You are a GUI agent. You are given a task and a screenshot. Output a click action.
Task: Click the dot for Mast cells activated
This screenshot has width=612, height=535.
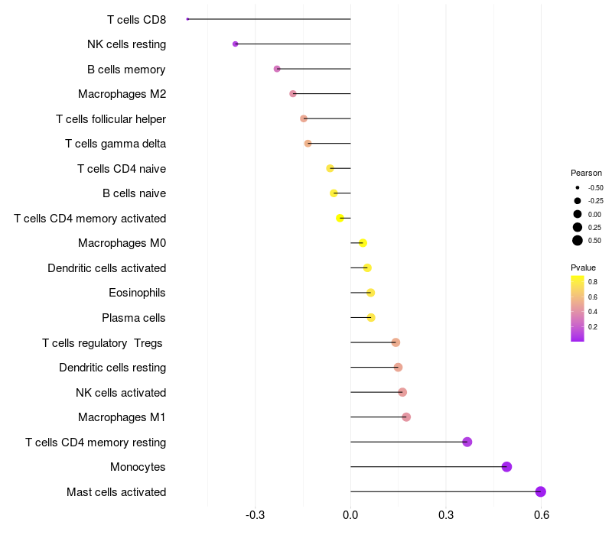[541, 491]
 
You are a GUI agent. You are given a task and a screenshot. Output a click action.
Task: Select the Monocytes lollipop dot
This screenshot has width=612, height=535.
[506, 467]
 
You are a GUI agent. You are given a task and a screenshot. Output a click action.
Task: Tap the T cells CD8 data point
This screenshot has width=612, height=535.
[187, 19]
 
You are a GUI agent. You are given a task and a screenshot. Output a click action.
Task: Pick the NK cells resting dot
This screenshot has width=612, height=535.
[236, 44]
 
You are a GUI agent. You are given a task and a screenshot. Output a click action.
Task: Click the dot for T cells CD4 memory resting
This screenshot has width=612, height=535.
[467, 442]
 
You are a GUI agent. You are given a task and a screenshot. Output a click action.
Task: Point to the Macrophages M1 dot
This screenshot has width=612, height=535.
[406, 417]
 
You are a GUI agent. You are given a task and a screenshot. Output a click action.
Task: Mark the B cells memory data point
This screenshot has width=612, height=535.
[277, 69]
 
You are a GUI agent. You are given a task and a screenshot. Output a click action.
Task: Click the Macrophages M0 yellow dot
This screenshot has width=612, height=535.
[363, 243]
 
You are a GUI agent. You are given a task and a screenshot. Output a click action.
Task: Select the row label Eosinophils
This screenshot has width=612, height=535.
[137, 293]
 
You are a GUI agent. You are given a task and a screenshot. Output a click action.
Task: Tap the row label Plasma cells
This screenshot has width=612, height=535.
[134, 318]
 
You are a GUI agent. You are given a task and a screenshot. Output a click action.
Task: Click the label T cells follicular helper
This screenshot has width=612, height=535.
[111, 119]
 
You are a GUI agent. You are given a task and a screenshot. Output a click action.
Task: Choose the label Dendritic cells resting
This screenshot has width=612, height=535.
[112, 368]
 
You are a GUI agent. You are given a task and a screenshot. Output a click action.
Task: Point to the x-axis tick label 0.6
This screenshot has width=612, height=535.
[542, 515]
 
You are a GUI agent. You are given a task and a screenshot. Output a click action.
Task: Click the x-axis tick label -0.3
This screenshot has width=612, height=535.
[255, 515]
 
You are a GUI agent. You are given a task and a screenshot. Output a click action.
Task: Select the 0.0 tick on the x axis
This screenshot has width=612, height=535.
[350, 515]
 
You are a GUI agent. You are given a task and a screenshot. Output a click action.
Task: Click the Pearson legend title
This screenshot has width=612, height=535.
[586, 173]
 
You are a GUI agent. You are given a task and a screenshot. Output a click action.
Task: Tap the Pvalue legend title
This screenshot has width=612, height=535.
[583, 267]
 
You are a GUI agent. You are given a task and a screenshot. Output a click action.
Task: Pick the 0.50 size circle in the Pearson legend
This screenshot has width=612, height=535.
[578, 241]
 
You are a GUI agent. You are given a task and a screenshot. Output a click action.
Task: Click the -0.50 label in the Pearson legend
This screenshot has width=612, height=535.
[595, 187]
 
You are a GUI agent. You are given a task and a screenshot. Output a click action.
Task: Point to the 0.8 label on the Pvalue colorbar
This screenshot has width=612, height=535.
[593, 282]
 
